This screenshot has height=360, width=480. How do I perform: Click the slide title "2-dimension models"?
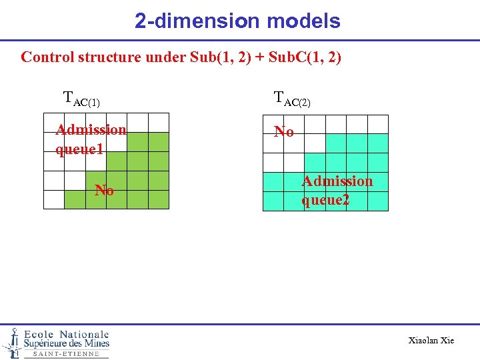point(237,21)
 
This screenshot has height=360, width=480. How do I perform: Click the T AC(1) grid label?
point(81,99)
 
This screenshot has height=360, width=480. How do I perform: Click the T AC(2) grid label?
point(292,99)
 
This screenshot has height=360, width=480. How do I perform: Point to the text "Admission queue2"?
point(337,190)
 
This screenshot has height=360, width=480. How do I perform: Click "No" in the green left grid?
point(104,191)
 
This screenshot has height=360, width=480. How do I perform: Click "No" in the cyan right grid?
point(284,132)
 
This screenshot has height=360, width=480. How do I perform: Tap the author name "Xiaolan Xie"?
point(431,341)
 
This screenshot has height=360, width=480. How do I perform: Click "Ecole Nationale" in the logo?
point(67,334)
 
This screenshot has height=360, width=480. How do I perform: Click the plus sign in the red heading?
point(259,57)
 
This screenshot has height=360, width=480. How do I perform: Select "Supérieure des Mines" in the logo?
point(66,344)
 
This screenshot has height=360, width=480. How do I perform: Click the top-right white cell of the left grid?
point(159,123)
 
